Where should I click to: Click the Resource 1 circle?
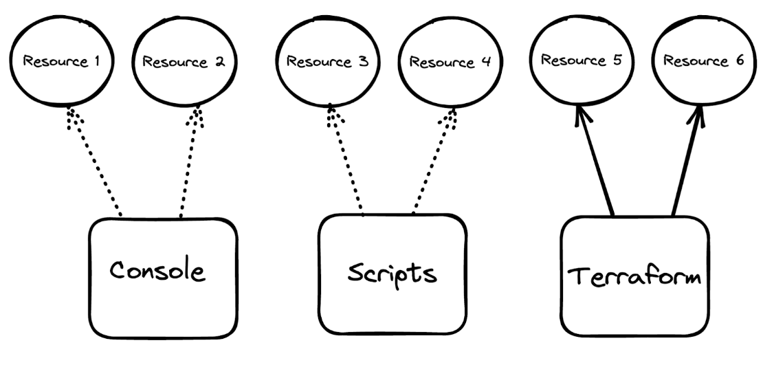pyautogui.click(x=61, y=61)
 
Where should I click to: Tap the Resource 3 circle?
pyautogui.click(x=327, y=61)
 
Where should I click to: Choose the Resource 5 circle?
pyautogui.click(x=581, y=60)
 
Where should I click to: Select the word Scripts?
pyautogui.click(x=391, y=273)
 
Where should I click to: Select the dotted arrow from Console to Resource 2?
pyautogui.click(x=188, y=164)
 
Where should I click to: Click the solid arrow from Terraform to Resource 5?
pyautogui.click(x=596, y=161)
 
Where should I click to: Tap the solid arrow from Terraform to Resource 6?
pyautogui.click(x=685, y=161)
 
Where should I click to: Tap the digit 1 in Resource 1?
pyautogui.click(x=96, y=61)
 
